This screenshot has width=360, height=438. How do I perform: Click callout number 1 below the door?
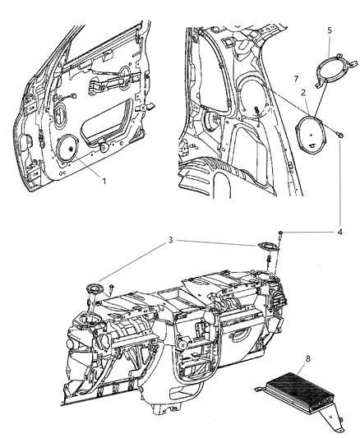pyautogui.click(x=104, y=182)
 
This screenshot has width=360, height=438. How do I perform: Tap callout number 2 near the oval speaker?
pyautogui.click(x=303, y=93)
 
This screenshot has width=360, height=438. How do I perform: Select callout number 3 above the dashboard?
pyautogui.click(x=171, y=240)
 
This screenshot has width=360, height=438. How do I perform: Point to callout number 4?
pyautogui.click(x=340, y=232)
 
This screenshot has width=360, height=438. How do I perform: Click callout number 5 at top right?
pyautogui.click(x=330, y=30)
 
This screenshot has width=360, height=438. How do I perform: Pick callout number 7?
pyautogui.click(x=296, y=79)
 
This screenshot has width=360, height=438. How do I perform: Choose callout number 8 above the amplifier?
pyautogui.click(x=308, y=358)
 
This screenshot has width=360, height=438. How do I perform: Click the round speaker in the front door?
pyautogui.click(x=67, y=148)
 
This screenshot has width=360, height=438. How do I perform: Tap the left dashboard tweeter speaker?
pyautogui.click(x=95, y=288)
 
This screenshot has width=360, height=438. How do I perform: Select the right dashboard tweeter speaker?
pyautogui.click(x=268, y=247)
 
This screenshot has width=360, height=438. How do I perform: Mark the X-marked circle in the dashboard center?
pyautogui.click(x=182, y=345)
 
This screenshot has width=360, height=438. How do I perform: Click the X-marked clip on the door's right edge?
pyautogui.click(x=143, y=107)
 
